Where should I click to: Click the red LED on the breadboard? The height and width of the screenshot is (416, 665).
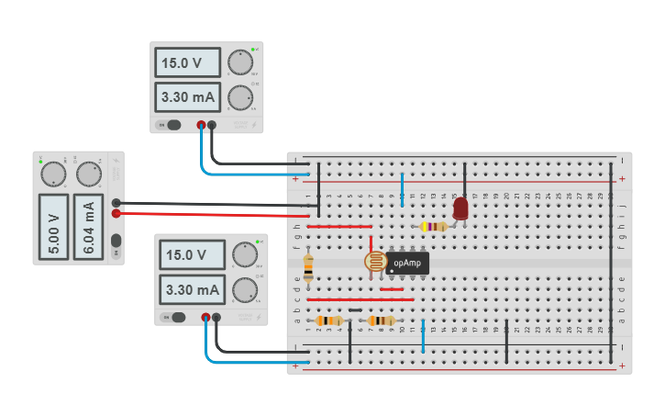coord(460,208)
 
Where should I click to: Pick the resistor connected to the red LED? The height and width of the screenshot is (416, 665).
coord(433,227)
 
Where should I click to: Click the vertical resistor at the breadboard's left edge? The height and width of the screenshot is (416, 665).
coord(308,267)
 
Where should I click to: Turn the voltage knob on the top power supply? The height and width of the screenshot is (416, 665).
coord(240,62)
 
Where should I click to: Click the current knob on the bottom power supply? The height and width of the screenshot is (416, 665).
coord(243,290)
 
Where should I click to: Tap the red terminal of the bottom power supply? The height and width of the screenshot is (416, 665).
coord(205,318)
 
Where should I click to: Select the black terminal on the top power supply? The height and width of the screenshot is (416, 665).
coord(213,125)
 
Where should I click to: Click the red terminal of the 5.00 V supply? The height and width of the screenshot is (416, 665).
coord(116,214)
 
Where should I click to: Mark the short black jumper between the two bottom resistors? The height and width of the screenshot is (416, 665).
coord(355,309)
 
